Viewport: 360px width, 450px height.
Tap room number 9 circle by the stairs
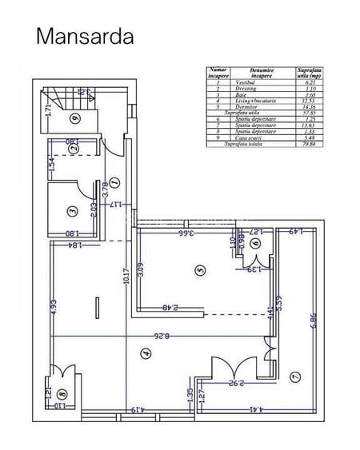click(x=74, y=119)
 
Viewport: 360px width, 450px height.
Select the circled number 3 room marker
click(x=72, y=211)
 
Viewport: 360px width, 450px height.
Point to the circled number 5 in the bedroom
click(x=201, y=271)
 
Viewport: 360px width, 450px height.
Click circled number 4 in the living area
click(x=145, y=353)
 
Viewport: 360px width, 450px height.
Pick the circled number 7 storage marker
click(x=294, y=376)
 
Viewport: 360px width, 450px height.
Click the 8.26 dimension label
click(x=165, y=337)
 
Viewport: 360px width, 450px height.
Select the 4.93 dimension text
click(x=54, y=308)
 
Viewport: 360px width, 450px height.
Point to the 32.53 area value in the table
click(x=308, y=101)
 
